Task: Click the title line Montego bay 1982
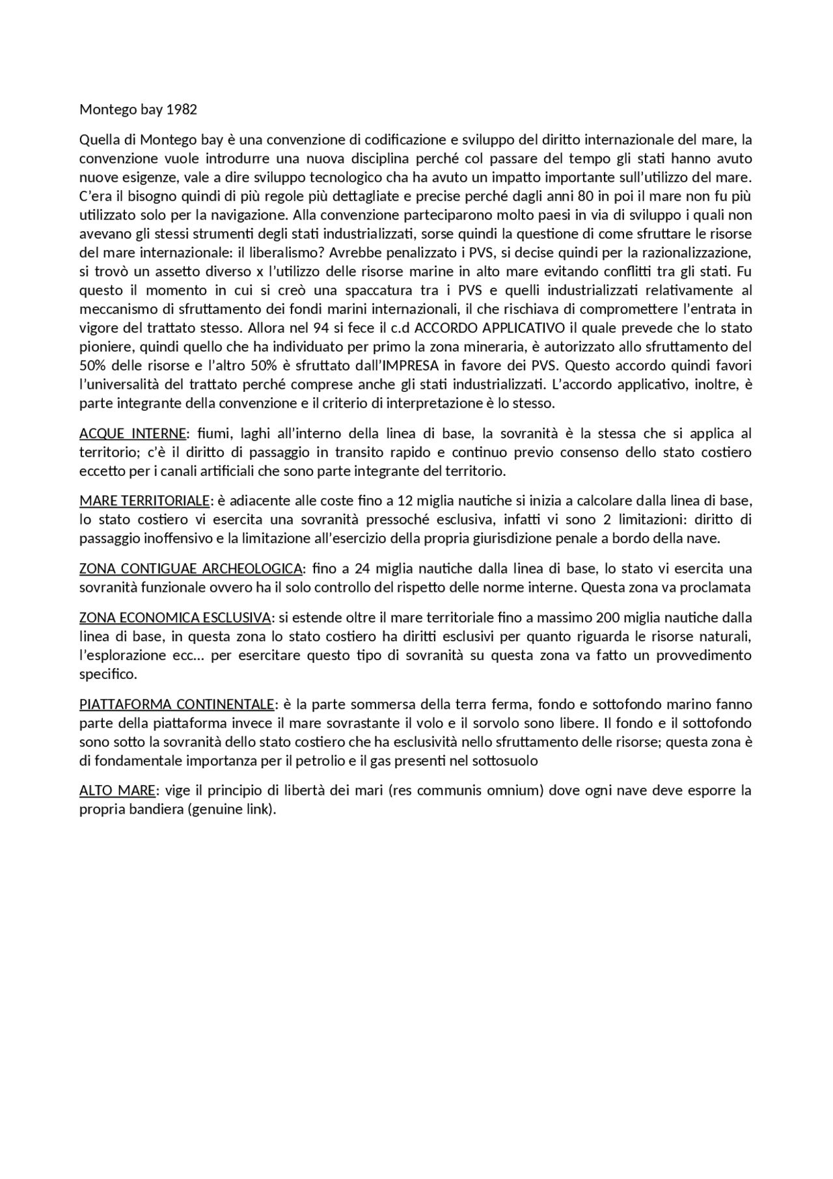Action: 138,109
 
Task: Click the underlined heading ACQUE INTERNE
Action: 132,434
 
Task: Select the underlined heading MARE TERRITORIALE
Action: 144,501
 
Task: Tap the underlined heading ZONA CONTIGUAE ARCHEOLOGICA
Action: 190,568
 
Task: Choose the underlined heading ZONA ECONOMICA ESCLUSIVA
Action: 174,617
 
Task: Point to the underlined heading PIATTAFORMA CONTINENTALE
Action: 176,704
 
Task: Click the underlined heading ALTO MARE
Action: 117,791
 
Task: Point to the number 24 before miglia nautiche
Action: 362,568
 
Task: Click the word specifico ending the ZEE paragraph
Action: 108,674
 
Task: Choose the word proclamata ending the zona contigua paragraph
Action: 718,587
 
